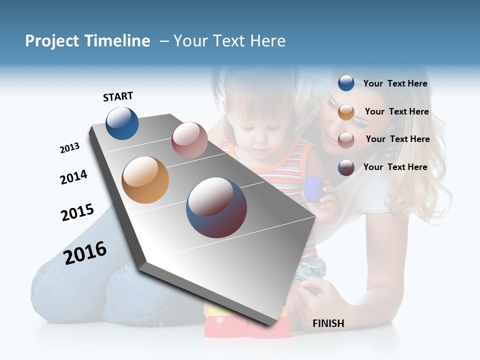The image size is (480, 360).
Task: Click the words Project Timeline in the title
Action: coord(87,41)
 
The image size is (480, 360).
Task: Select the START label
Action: coord(118,96)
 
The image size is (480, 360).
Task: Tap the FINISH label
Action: coord(328,323)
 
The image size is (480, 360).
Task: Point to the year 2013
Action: coord(69,148)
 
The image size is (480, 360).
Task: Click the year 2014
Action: coord(73,177)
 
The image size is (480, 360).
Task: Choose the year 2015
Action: coord(77,212)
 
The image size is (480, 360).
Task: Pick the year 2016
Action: coord(85,252)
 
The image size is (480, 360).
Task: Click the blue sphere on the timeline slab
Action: coord(122,123)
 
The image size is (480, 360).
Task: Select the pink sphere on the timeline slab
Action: coord(189,140)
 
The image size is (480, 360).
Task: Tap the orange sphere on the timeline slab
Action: coord(145,179)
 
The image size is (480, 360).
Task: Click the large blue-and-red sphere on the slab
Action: coord(216,207)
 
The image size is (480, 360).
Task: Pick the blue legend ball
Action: coord(346,83)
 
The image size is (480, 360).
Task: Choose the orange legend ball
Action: coord(346,112)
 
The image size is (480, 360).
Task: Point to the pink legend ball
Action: coord(346,139)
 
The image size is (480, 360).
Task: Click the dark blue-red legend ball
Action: coord(346,167)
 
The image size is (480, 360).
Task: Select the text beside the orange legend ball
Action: coord(396,111)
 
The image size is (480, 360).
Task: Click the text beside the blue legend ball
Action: coord(395,83)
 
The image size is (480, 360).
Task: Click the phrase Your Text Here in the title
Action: coord(229,41)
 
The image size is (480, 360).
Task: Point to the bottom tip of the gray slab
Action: coord(270,325)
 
